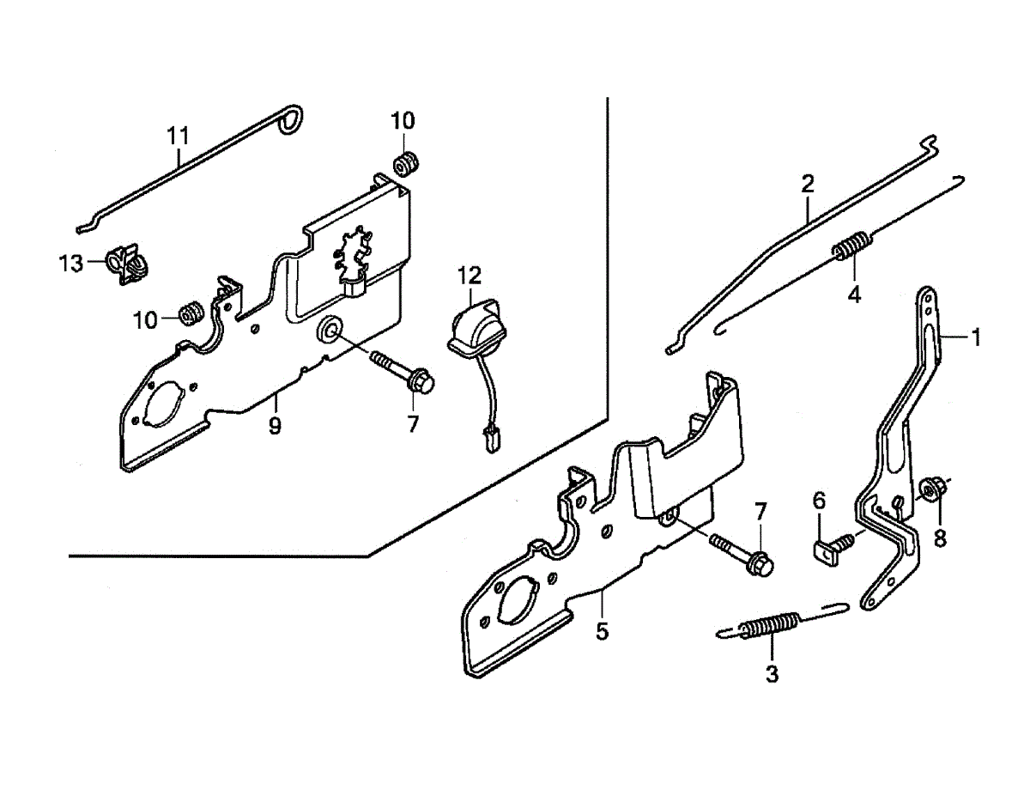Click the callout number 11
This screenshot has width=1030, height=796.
pyautogui.click(x=178, y=136)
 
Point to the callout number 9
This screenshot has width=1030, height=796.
pyautogui.click(x=275, y=425)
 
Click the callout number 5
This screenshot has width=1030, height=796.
pyautogui.click(x=603, y=632)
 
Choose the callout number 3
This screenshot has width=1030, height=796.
pyautogui.click(x=771, y=674)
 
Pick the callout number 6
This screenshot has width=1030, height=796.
pyautogui.click(x=819, y=501)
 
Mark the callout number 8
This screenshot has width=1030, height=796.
pyautogui.click(x=940, y=539)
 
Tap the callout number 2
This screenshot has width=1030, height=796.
pyautogui.click(x=808, y=183)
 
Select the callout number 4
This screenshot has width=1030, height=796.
pyautogui.click(x=854, y=295)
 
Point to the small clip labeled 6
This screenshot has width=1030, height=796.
pyautogui.click(x=826, y=550)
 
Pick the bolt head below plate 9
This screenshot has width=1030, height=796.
pyautogui.click(x=421, y=383)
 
